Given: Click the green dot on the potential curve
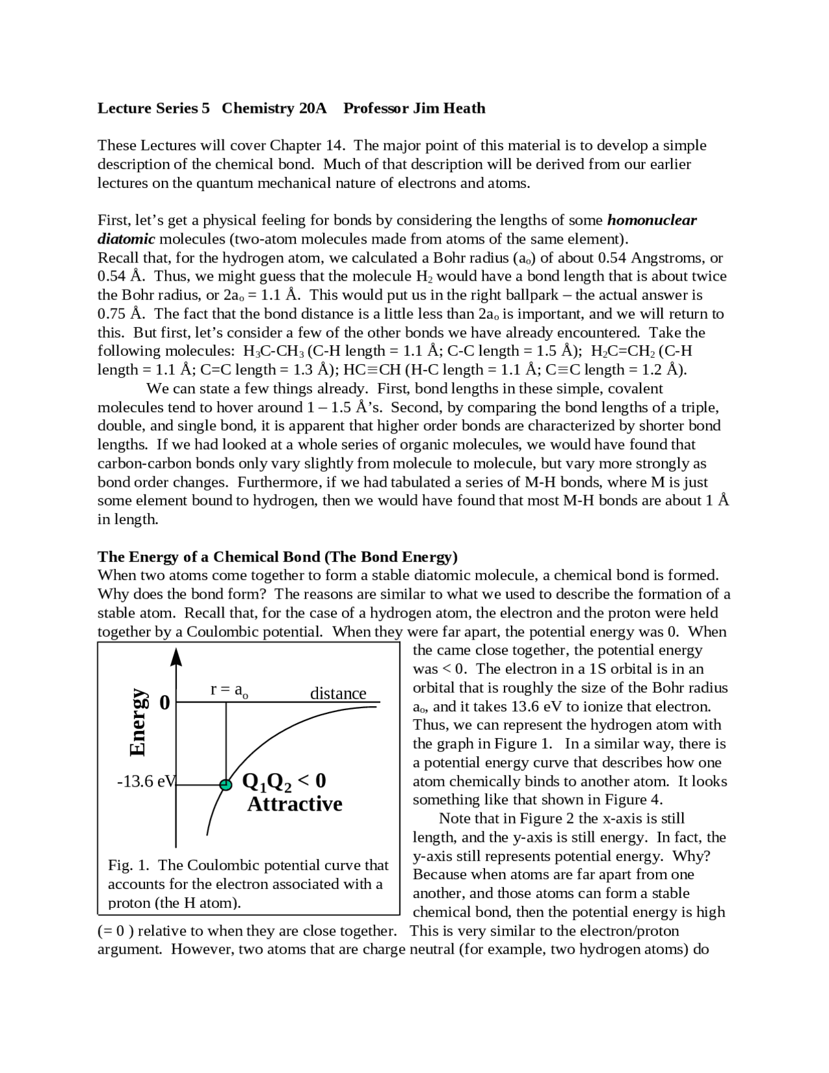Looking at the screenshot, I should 225,785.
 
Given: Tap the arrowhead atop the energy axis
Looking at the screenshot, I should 176,657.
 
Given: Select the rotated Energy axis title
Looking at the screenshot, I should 137,722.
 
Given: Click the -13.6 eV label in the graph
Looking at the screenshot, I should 146,781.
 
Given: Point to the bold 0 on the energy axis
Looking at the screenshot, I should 165,702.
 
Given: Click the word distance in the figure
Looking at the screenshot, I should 338,693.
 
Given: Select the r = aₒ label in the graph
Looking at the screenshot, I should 229,689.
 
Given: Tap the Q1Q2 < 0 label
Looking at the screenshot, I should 284,781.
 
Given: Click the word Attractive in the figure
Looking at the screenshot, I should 295,804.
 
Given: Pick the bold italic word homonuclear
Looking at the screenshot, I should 652,220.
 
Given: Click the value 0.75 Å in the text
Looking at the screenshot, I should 120,314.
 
